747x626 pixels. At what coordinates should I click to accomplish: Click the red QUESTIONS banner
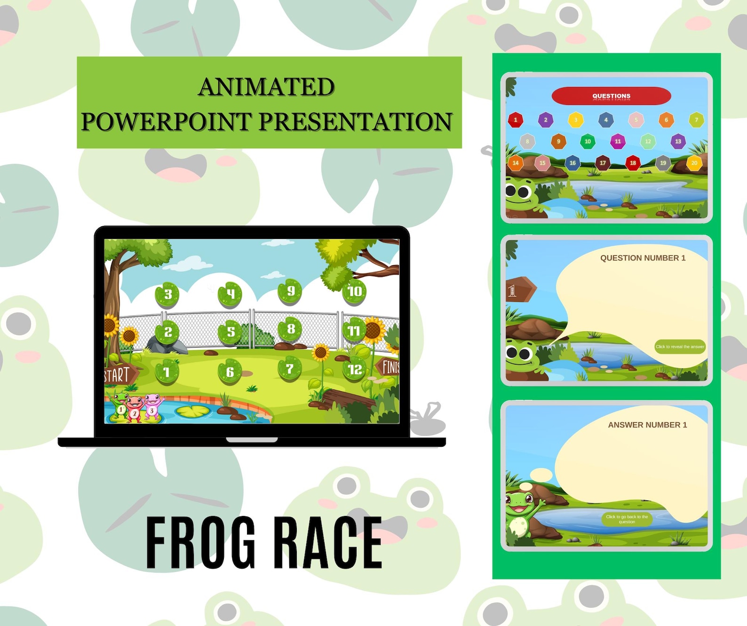click(x=611, y=96)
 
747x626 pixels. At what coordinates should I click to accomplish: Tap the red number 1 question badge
click(x=516, y=120)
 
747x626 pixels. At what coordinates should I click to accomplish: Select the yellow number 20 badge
click(x=694, y=163)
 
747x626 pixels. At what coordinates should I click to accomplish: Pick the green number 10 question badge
click(x=588, y=142)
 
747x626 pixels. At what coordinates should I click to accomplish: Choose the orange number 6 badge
click(x=666, y=120)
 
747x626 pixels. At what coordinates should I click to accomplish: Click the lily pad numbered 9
click(x=290, y=292)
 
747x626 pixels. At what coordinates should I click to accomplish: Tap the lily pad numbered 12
click(x=355, y=370)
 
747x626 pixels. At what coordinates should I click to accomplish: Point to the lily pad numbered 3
click(x=167, y=295)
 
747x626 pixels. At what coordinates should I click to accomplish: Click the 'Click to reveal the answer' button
click(x=680, y=347)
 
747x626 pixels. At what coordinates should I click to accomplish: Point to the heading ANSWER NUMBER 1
click(x=647, y=425)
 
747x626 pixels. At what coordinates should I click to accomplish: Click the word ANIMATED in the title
click(x=266, y=87)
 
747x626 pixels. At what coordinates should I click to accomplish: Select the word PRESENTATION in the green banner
click(x=355, y=122)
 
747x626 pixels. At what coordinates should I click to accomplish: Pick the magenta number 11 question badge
click(x=618, y=142)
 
